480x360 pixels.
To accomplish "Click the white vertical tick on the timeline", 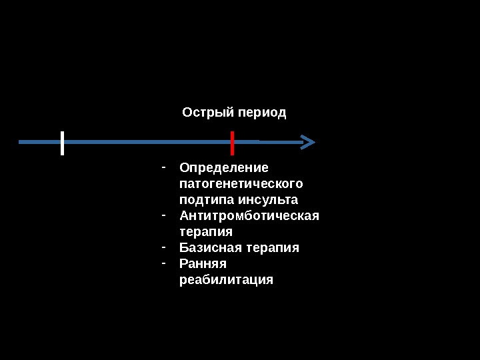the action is click(62, 143).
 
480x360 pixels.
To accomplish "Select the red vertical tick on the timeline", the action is click(232, 143).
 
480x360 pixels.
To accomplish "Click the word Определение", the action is click(224, 167).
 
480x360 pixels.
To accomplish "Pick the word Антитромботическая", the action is click(249, 215).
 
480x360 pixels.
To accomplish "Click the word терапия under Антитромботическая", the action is click(206, 232).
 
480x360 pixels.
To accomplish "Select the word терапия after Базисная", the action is click(273, 248).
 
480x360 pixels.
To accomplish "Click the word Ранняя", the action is click(203, 263).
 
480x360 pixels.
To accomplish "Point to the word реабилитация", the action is click(226, 279).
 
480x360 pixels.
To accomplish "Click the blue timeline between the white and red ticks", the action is click(147, 142).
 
